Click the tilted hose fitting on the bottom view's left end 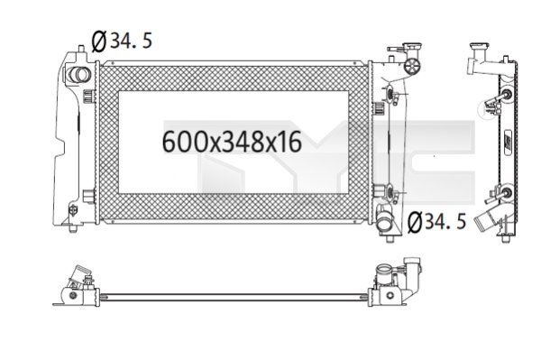(80, 274)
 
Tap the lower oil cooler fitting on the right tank (389, 191)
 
